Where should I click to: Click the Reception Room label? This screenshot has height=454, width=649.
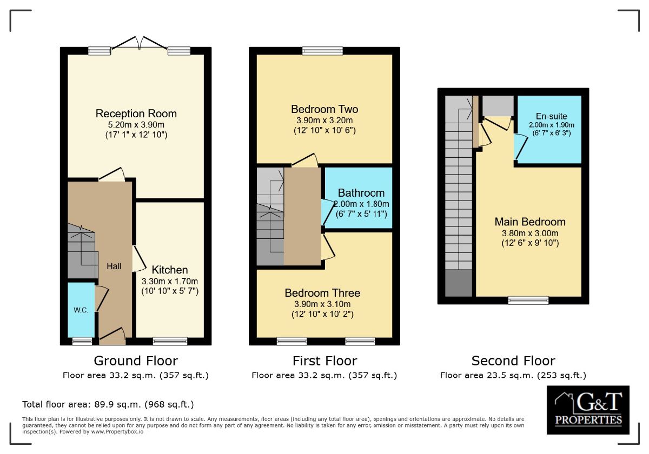pyautogui.click(x=136, y=113)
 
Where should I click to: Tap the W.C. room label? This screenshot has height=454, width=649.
pyautogui.click(x=81, y=310)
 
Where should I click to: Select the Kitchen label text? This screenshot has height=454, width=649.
pyautogui.click(x=170, y=270)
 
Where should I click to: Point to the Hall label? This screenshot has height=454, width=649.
pyautogui.click(x=114, y=266)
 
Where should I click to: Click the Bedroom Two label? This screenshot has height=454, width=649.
pyautogui.click(x=325, y=109)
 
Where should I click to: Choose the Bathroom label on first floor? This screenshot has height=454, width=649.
pyautogui.click(x=361, y=193)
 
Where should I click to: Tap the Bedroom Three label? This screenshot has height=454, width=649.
pyautogui.click(x=322, y=293)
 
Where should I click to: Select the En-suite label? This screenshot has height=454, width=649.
pyautogui.click(x=551, y=116)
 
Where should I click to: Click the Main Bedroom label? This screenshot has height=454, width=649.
pyautogui.click(x=530, y=222)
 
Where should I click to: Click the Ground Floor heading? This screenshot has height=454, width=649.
pyautogui.click(x=136, y=360)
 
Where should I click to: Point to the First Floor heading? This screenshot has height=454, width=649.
pyautogui.click(x=325, y=360)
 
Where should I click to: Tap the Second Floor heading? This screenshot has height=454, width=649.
pyautogui.click(x=513, y=360)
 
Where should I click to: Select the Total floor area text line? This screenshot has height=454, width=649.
pyautogui.click(x=108, y=404)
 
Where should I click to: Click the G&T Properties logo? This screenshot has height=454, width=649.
pyautogui.click(x=588, y=410)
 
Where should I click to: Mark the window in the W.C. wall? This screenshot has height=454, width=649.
pyautogui.click(x=82, y=340)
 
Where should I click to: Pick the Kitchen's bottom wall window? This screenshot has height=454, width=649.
pyautogui.click(x=170, y=340)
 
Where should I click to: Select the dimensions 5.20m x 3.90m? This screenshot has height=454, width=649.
pyautogui.click(x=136, y=124)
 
